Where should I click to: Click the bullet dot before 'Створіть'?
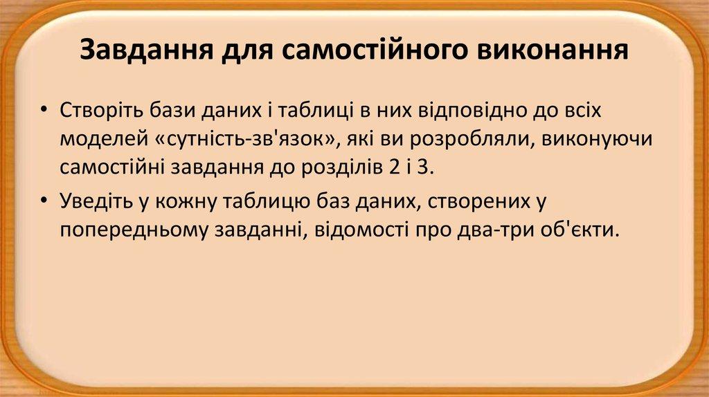[45, 111]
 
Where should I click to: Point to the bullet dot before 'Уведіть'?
[45, 201]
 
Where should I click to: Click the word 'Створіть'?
[101, 110]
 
